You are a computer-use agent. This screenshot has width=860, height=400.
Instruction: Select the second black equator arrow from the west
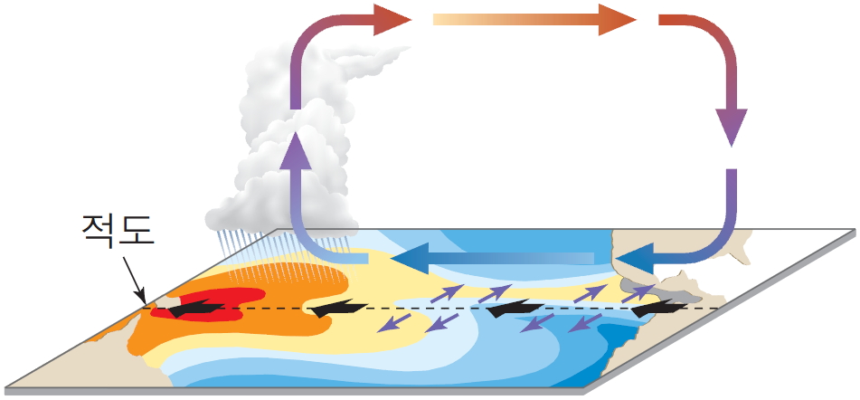335,310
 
